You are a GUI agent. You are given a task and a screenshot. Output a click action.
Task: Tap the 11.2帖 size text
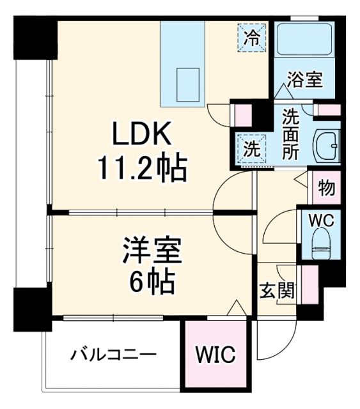142,169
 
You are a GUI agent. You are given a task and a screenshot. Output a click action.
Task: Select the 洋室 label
153,249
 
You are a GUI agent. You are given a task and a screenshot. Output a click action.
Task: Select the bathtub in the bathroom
304,40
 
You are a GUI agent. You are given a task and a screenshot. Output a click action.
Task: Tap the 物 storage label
325,189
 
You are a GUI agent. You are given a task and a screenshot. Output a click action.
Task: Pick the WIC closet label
215,353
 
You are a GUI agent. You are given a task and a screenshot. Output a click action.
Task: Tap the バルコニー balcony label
113,353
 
